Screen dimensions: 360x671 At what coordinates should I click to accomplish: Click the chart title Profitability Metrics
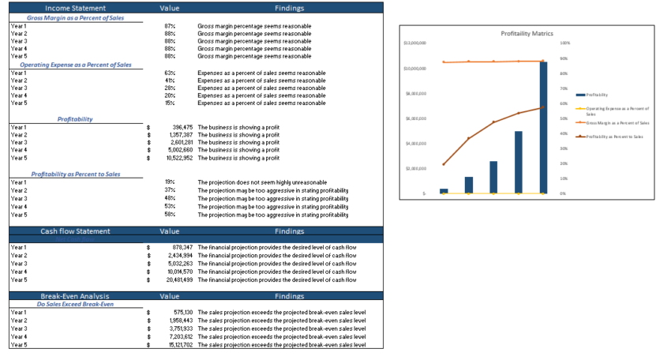[527, 33]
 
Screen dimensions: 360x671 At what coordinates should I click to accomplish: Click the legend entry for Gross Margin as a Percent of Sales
[617, 123]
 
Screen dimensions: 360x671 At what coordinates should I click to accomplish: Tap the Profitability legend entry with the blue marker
[596, 94]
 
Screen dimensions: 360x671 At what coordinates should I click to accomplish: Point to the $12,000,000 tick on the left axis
[415, 43]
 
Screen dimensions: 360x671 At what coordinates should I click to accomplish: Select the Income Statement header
[75, 7]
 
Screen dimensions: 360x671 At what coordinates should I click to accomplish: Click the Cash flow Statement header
[75, 231]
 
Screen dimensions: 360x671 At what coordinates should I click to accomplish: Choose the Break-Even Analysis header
[75, 296]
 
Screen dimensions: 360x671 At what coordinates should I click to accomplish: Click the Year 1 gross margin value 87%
[170, 26]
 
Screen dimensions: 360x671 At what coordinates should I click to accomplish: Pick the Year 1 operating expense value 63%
[170, 73]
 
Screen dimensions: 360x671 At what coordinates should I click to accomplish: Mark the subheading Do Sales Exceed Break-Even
[75, 304]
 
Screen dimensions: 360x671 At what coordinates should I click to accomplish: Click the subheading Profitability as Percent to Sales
[75, 174]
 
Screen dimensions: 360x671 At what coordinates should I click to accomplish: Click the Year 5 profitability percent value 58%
[170, 215]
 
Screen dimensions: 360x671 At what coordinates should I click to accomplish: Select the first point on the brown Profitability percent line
[444, 164]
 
